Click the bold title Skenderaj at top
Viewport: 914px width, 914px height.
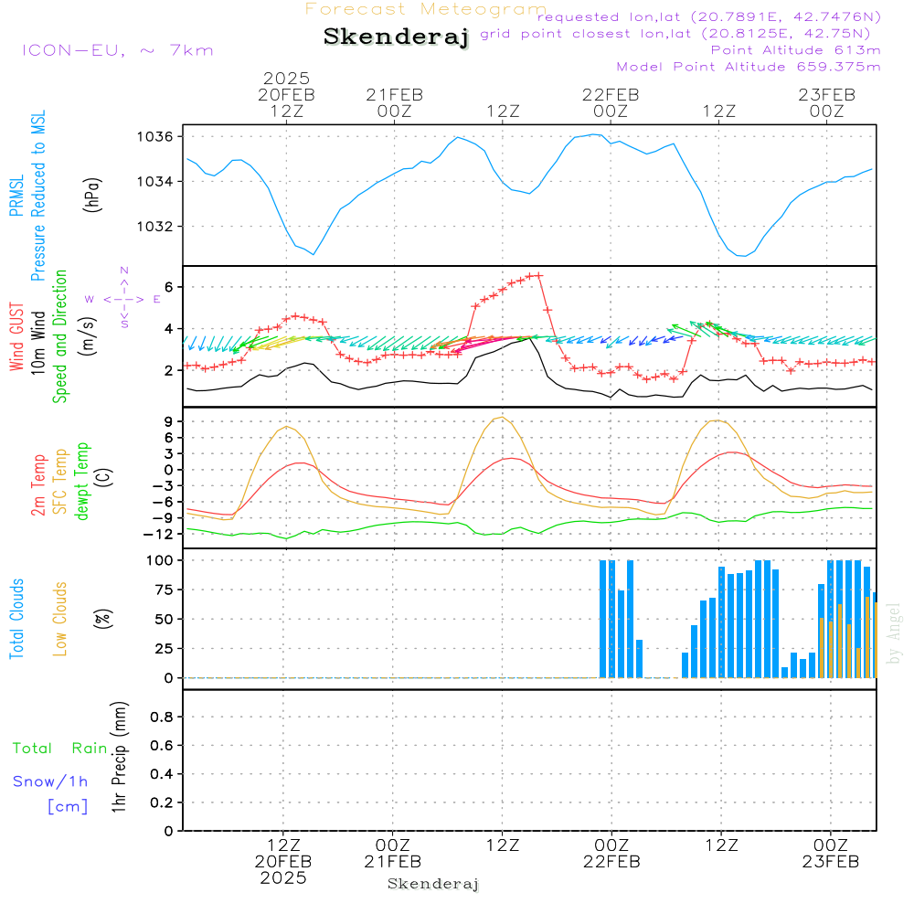[396, 37]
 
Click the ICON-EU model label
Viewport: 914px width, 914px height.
[117, 50]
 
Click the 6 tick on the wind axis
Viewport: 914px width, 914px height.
[169, 287]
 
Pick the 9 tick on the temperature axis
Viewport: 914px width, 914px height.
[169, 421]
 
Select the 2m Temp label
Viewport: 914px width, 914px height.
[38, 484]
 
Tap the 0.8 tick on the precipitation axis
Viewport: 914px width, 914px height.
[161, 717]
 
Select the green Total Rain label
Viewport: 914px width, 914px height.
[60, 749]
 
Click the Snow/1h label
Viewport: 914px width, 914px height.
[50, 781]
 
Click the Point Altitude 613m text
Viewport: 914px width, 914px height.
[795, 50]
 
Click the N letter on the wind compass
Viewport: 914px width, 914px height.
[124, 271]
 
